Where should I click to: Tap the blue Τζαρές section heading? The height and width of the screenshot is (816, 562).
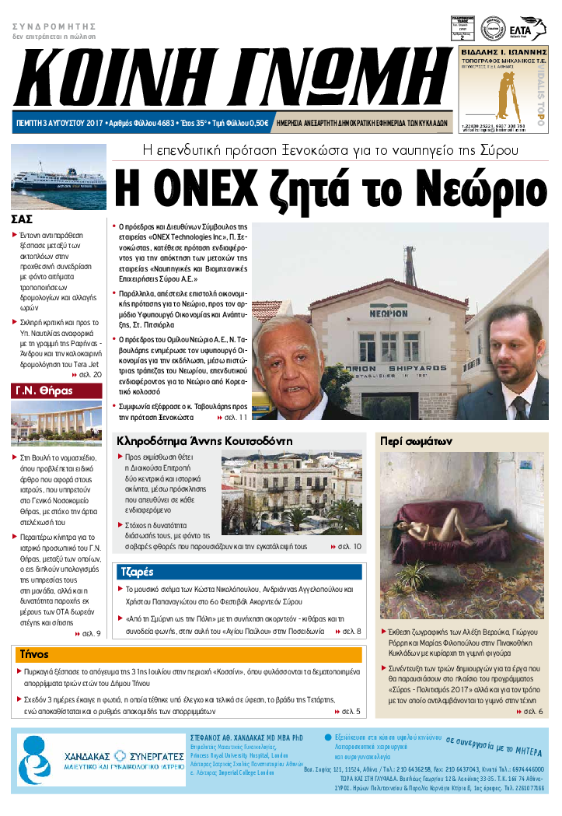pos(135,573)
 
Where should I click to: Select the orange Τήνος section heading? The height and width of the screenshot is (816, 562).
pos(34,653)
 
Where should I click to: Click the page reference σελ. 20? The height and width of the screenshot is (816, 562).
pos(87,374)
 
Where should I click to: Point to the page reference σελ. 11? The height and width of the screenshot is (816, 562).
pos(230,417)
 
